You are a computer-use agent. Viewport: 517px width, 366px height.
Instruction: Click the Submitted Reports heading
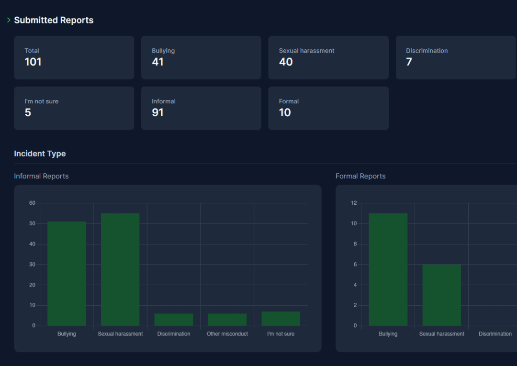[54, 20]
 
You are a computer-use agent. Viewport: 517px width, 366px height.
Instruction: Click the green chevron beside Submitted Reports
[9, 20]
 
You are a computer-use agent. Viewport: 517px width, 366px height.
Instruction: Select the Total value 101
[33, 62]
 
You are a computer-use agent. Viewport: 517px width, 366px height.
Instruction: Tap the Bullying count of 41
[157, 62]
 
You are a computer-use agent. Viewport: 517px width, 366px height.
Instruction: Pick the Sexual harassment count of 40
[286, 62]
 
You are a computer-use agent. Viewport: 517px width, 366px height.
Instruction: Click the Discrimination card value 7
[409, 62]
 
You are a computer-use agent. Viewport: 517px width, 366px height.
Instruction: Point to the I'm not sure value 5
[28, 112]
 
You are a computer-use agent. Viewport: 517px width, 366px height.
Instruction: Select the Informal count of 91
[157, 112]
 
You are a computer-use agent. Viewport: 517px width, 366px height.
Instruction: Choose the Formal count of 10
[285, 112]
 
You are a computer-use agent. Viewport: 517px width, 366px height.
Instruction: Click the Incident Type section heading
[40, 154]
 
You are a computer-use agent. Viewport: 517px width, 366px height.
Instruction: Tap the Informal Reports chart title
[41, 176]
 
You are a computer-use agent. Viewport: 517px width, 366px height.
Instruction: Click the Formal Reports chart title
[360, 176]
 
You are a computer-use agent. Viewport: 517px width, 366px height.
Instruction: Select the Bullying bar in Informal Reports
[67, 274]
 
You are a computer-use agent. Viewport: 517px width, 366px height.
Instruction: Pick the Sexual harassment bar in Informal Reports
[120, 269]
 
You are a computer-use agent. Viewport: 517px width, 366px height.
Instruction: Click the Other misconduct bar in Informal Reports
[227, 320]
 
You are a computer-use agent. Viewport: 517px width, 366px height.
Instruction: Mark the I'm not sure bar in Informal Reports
[281, 319]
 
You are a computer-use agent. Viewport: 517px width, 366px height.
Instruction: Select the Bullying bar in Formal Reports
[388, 269]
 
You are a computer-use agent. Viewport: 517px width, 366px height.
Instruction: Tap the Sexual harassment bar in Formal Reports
[442, 295]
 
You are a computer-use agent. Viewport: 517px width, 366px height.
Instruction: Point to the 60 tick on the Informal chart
[32, 203]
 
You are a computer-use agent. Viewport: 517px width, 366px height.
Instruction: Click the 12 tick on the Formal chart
[354, 203]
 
